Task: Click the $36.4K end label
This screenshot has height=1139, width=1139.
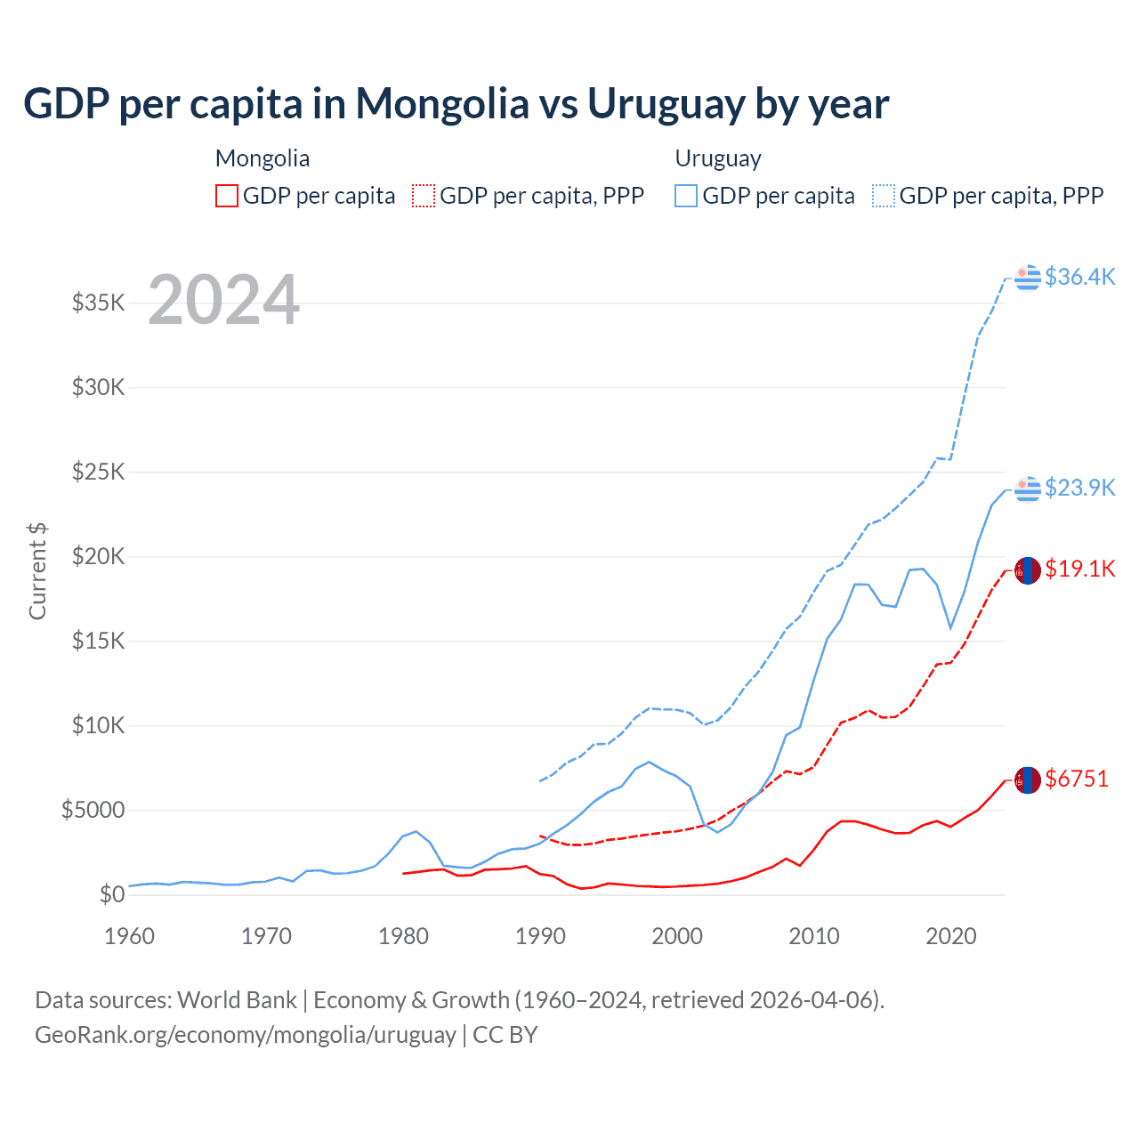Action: [x=1079, y=277]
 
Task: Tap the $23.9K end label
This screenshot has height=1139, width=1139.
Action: [x=1079, y=488]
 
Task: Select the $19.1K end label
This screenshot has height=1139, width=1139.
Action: [x=1079, y=569]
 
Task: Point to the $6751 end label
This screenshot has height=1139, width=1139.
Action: [x=1077, y=779]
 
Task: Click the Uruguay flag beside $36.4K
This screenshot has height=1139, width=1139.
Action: [x=1028, y=278]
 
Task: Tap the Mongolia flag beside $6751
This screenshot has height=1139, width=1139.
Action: [x=1028, y=780]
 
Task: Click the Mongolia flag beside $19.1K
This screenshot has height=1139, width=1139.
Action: [x=1028, y=569]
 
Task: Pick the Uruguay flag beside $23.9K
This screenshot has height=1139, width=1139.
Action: [x=1028, y=489]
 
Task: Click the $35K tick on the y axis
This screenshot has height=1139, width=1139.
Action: [x=98, y=303]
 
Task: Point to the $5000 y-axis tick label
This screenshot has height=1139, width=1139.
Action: [x=93, y=810]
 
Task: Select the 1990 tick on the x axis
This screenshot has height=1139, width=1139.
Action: [x=540, y=936]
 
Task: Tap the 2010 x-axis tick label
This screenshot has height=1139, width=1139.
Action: [x=814, y=936]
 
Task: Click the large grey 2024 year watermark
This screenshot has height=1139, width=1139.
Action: [x=223, y=300]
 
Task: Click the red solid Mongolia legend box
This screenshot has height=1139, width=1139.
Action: [x=227, y=196]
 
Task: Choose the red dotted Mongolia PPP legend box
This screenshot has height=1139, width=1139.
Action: [x=424, y=196]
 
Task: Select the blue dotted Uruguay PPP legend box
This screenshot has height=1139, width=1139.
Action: [x=884, y=196]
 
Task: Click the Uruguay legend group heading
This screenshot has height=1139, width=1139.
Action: [x=718, y=158]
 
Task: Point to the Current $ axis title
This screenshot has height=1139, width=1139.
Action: [x=37, y=571]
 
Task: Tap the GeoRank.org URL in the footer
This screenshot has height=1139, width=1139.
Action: [x=245, y=1035]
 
